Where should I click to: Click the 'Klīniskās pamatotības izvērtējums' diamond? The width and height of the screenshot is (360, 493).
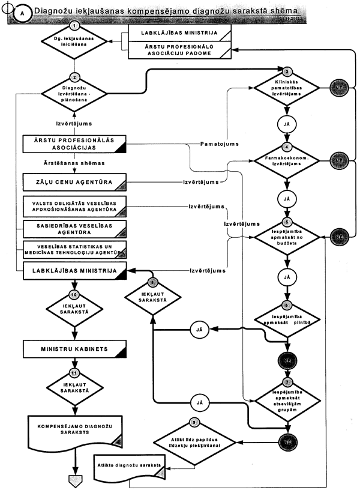coord(288,88)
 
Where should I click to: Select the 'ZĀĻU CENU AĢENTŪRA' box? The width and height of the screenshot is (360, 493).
coord(74,181)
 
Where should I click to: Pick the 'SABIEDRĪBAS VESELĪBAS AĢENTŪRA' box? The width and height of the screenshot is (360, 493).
coord(74,228)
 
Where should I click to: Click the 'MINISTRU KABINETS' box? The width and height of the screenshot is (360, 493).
coord(74,348)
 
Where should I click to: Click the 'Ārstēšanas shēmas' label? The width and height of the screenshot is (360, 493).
coord(74,163)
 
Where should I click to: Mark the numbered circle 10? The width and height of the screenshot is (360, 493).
coord(73,294)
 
